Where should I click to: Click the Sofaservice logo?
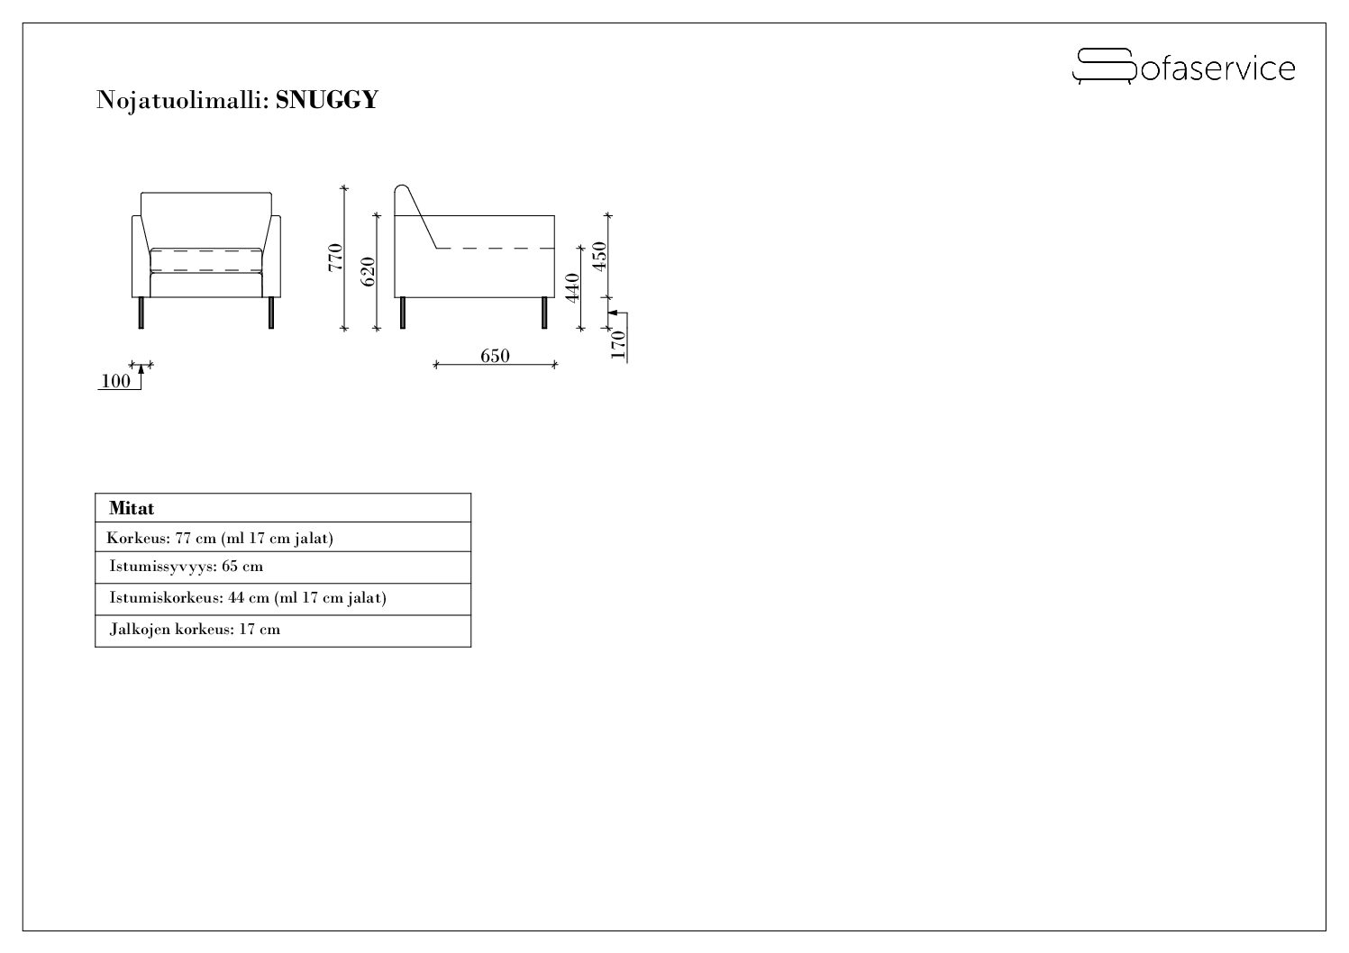pos(1183,67)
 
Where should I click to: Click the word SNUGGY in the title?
pos(327,99)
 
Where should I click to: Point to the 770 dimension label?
pos(335,258)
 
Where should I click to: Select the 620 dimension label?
pos(368,271)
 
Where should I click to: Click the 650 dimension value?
pos(495,356)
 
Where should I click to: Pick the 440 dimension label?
pos(572,287)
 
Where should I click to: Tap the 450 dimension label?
pos(600,256)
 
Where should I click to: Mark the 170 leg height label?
pos(618,344)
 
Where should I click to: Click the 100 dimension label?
pos(115,381)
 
